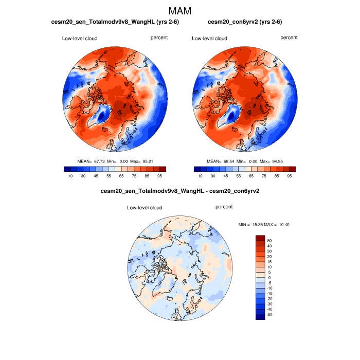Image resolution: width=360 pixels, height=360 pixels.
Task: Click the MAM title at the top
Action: coord(180,11)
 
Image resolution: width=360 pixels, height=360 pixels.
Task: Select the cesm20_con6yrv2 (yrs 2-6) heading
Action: coord(245,23)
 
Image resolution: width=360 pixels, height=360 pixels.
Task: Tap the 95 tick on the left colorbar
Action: coord(159,176)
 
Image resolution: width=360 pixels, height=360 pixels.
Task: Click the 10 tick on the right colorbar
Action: coord(200,176)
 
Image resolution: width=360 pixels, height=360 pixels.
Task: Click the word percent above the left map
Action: coord(159,38)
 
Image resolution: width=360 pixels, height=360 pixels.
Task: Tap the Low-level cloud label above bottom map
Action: coord(145,208)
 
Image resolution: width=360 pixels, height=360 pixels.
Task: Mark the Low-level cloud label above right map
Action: coord(209,39)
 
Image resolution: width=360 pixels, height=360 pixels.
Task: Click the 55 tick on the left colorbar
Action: coord(108,176)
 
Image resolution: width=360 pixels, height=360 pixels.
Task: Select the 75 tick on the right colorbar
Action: coord(264,176)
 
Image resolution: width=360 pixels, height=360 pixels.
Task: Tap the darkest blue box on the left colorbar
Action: coord(67,169)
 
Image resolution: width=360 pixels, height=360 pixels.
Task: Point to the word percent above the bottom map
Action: coord(224,207)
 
